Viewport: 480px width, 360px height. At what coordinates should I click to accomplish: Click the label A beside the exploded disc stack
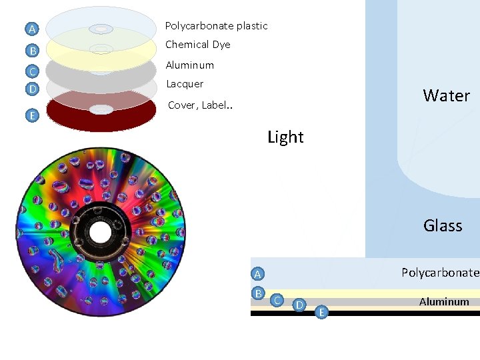(x=31, y=29)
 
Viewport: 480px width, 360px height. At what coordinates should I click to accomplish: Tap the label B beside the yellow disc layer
(x=31, y=50)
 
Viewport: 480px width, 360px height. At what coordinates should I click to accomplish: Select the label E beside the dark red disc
(x=31, y=115)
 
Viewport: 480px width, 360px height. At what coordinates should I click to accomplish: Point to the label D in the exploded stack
(x=31, y=88)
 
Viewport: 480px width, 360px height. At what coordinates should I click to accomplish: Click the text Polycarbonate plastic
(x=216, y=26)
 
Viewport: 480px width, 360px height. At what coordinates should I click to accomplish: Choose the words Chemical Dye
(x=197, y=45)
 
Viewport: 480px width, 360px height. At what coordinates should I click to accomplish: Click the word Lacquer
(x=185, y=84)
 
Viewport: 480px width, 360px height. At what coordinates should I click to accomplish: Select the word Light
(x=285, y=137)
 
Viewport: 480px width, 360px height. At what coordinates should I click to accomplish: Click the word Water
(x=446, y=95)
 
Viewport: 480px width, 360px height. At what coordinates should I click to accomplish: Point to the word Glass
(x=443, y=225)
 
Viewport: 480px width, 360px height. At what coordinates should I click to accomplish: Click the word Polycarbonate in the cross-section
(x=439, y=272)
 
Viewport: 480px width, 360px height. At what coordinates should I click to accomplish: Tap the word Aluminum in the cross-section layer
(x=444, y=301)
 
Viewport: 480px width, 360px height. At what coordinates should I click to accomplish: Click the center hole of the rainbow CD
(x=99, y=233)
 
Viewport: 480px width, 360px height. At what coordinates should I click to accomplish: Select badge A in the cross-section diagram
(x=257, y=273)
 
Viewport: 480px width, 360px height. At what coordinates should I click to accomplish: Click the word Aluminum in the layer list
(x=189, y=65)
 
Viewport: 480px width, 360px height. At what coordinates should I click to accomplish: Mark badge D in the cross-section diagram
(x=300, y=305)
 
